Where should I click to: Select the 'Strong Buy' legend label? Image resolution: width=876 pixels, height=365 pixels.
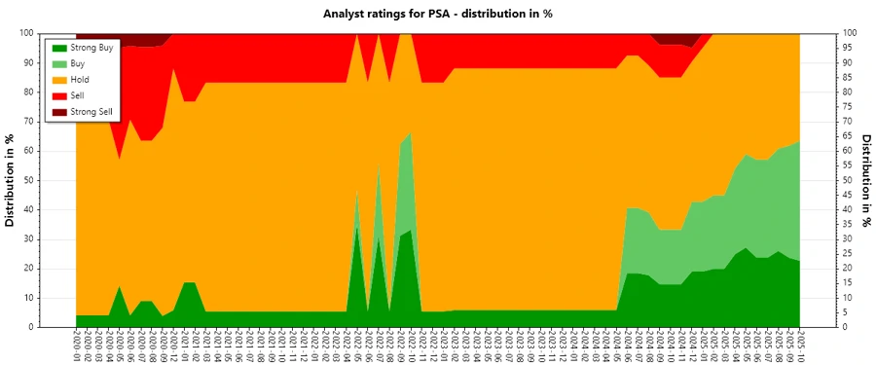92,48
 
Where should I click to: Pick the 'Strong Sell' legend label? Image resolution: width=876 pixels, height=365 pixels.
92,112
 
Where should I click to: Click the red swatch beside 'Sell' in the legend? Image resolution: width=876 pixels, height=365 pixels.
58,96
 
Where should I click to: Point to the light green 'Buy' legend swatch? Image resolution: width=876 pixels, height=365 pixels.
58,63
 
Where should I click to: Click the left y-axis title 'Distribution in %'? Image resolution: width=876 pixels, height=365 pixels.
11,180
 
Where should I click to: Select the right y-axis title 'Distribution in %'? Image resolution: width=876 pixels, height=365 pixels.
865,180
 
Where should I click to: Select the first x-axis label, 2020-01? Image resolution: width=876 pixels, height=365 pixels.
76,346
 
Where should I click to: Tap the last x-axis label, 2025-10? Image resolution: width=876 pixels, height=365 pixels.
799,346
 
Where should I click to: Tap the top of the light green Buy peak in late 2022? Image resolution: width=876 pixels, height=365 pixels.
410,132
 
